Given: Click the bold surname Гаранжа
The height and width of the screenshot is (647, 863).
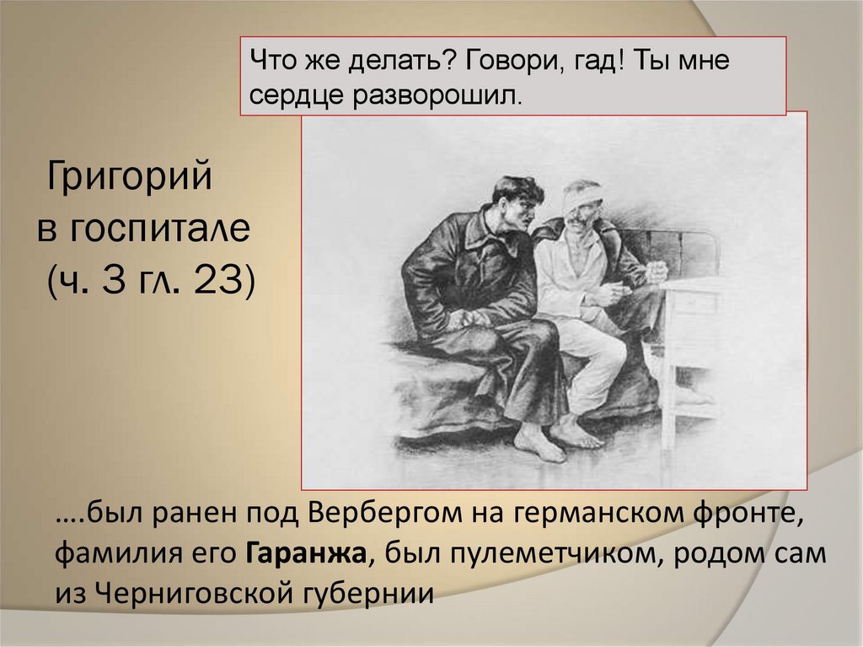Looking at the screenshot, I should pyautogui.click(x=308, y=554).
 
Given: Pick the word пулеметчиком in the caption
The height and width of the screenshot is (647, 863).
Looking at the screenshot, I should pyautogui.click(x=538, y=554).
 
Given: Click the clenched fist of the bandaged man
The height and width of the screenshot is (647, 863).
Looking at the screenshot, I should pyautogui.click(x=656, y=272).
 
